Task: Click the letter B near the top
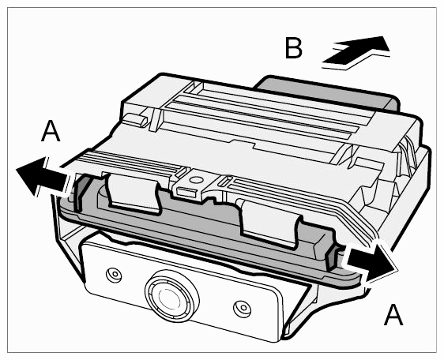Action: click(x=294, y=48)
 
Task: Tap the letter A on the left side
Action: click(x=51, y=131)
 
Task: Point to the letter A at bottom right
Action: click(x=393, y=314)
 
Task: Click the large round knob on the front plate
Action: click(x=171, y=297)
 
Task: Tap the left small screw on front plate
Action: click(x=115, y=274)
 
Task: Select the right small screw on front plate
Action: click(x=243, y=307)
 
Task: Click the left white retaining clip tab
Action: click(x=133, y=193)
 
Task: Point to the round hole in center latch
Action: click(x=195, y=179)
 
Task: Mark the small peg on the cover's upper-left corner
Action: click(x=136, y=119)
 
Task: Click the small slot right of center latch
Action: click(x=224, y=182)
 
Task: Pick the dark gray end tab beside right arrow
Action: click(x=331, y=258)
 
